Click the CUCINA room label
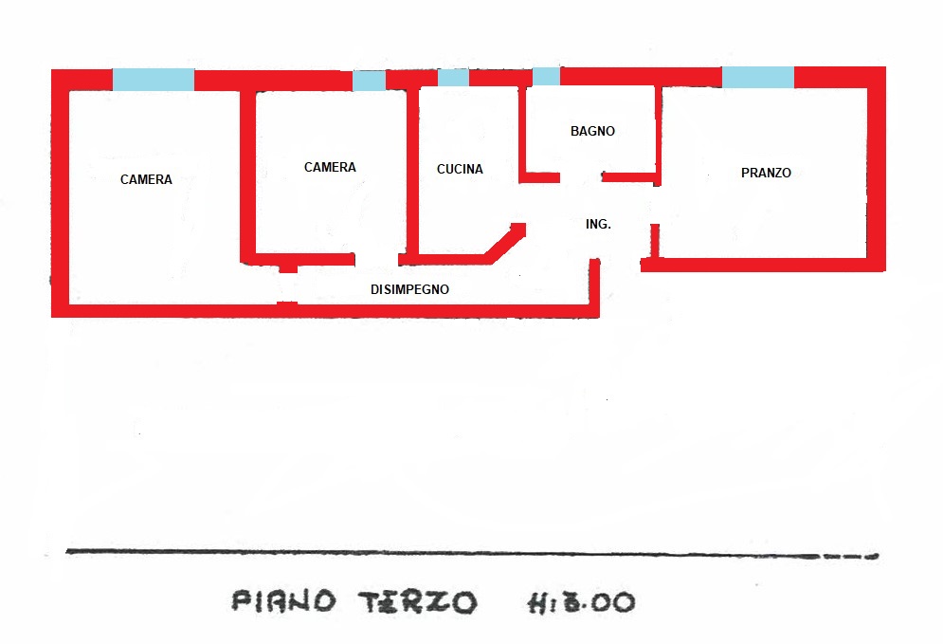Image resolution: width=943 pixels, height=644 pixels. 460,170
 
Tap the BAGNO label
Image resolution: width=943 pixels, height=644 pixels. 592,131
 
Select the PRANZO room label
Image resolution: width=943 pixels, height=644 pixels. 766,173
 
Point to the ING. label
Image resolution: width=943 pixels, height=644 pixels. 598,225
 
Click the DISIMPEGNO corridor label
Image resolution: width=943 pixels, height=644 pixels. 409,290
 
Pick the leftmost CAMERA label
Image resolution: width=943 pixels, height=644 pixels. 146,179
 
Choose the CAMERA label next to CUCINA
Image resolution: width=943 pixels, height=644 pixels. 330,168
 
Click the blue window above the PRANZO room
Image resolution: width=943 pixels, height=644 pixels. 758,78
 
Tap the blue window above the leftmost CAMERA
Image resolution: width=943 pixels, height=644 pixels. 154,80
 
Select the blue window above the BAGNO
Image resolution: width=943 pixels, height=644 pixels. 546,76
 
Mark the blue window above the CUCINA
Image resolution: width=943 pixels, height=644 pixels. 453,78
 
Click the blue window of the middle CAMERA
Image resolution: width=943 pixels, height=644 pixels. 369,81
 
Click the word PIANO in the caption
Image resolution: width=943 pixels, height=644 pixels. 283,600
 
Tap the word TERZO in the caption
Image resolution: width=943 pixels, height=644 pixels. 417,601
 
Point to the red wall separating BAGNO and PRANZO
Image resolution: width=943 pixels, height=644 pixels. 657,133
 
